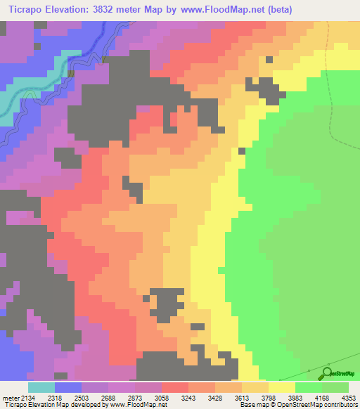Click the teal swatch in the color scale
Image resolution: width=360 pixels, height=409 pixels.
41,387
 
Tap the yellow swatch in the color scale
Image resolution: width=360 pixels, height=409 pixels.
281,387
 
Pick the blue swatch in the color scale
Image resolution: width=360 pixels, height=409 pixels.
68,387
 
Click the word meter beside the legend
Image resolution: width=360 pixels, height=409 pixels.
10,398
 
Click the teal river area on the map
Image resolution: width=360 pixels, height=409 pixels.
8,105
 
